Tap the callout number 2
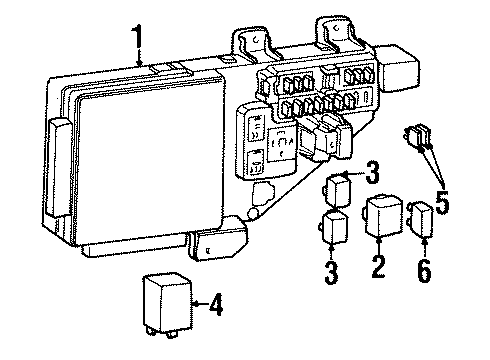(377, 266)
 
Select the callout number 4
(213, 303)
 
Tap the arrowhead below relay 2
(378, 243)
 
